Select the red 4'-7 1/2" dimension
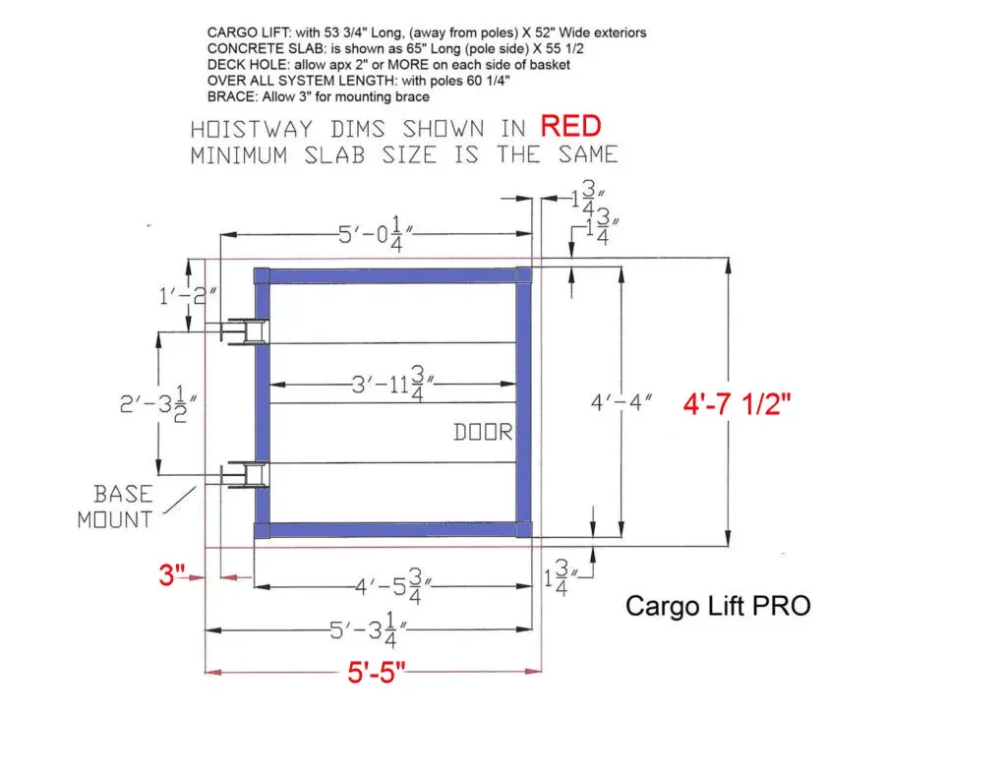[738, 403]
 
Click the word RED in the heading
[570, 127]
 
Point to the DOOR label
[484, 432]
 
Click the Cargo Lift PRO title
[718, 606]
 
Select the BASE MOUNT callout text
[115, 507]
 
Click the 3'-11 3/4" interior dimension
[390, 384]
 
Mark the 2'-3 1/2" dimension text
[157, 403]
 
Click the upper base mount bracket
[241, 332]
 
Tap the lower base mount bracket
[241, 476]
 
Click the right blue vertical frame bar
[523, 403]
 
